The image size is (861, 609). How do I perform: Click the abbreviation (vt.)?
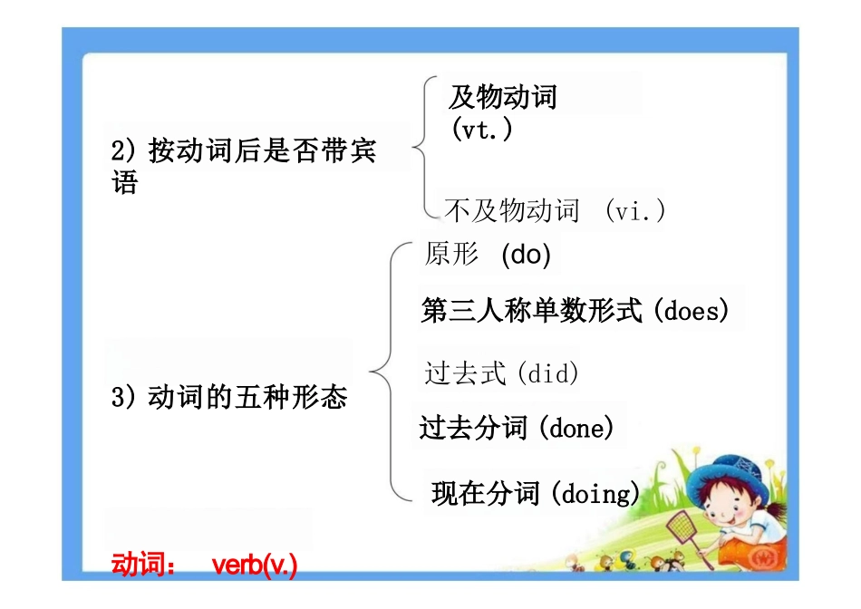coord(482,130)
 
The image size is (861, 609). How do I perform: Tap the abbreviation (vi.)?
coord(635,212)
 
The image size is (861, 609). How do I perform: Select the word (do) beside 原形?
coord(526,256)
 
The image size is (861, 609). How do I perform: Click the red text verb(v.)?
coord(255,565)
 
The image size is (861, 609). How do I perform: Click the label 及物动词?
coord(503,97)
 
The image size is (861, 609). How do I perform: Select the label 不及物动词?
coord(512,212)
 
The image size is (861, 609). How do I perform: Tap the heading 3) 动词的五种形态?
coord(229,397)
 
